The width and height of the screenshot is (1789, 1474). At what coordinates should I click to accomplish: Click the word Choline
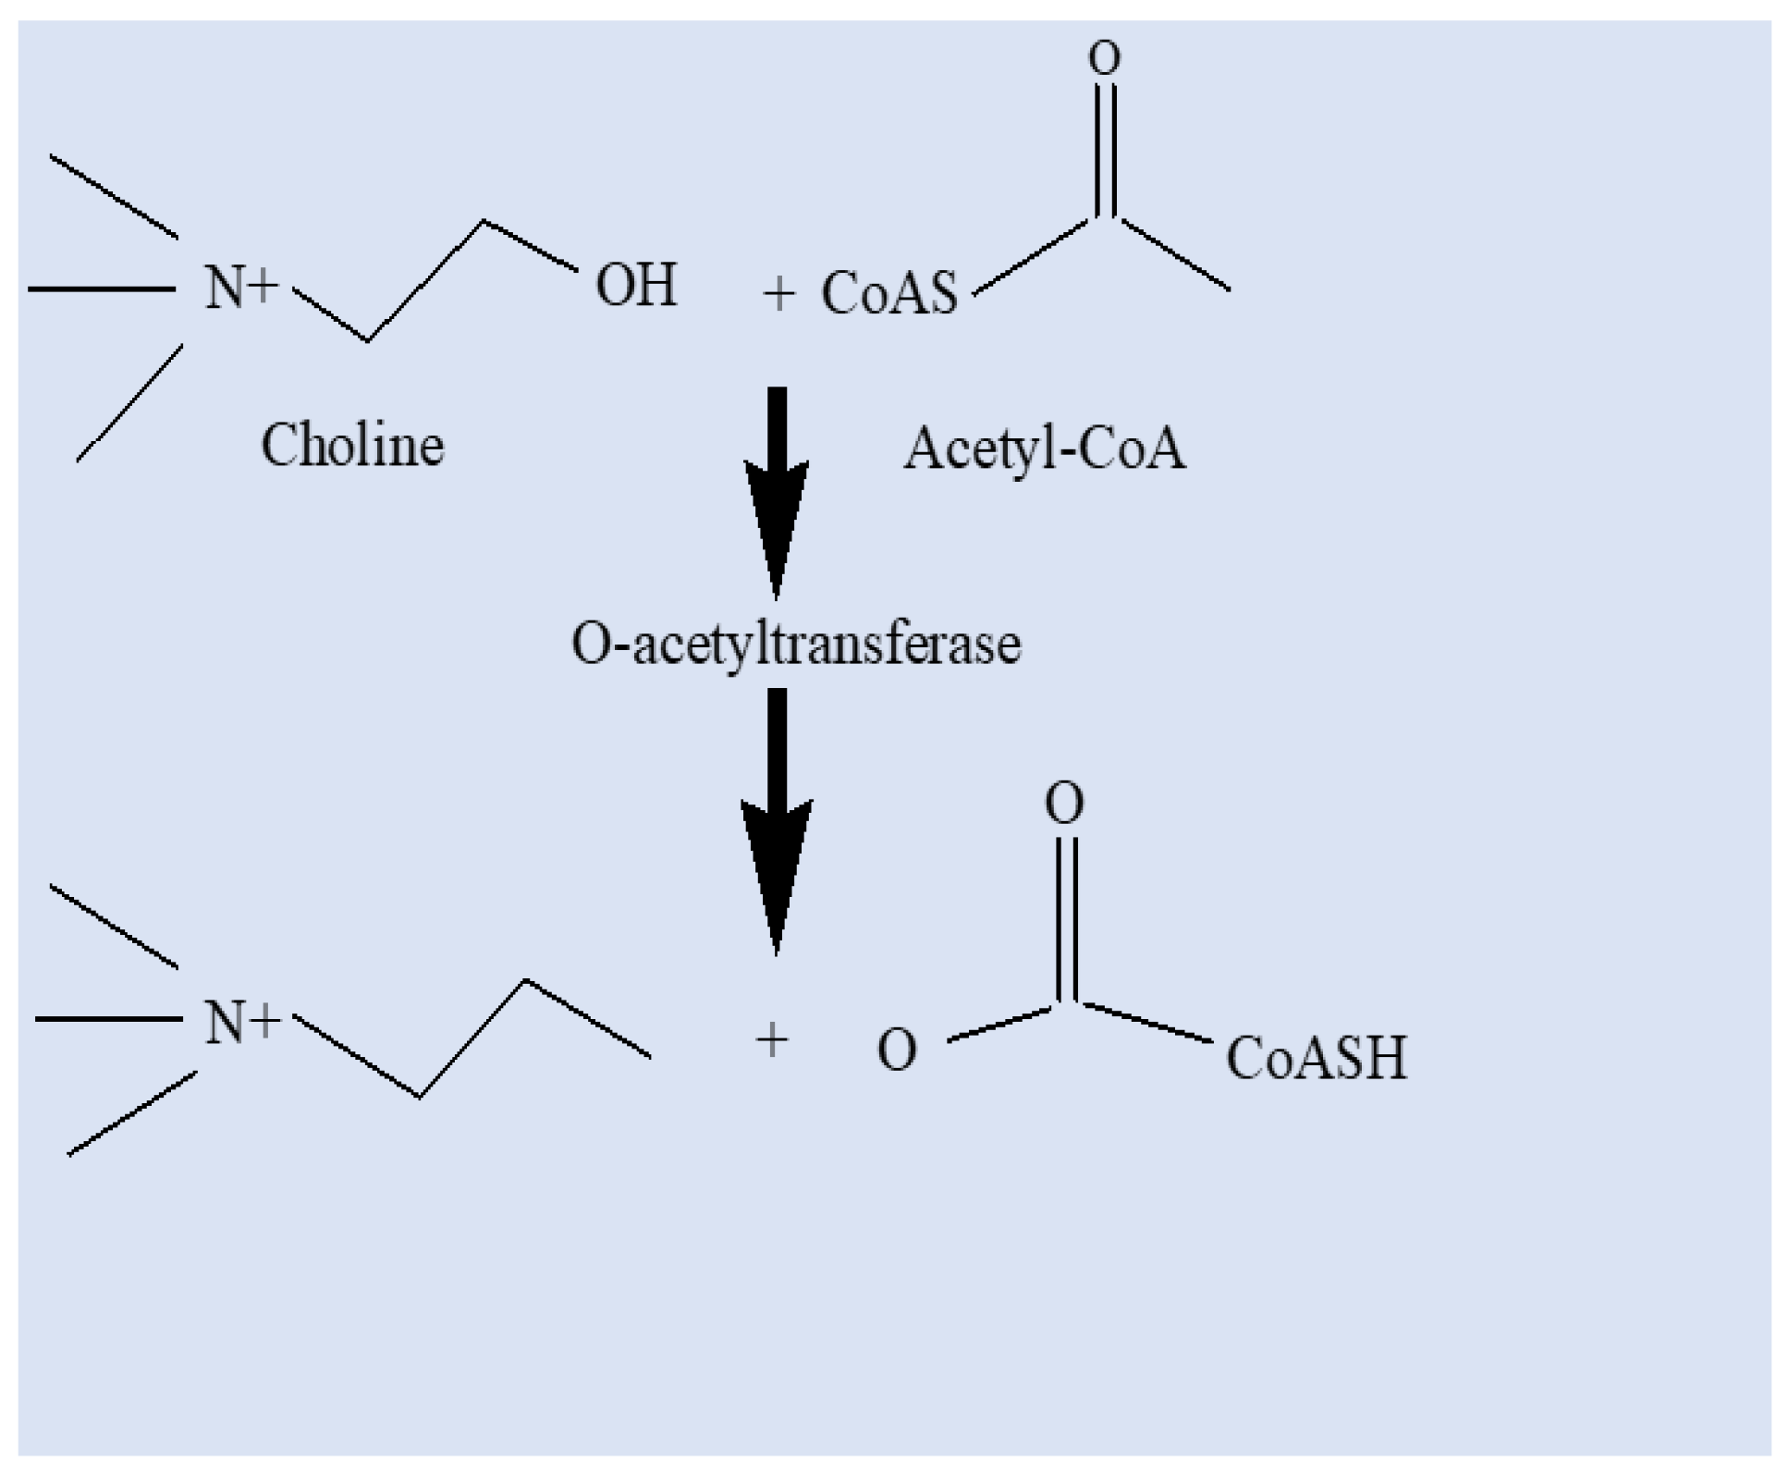click(x=352, y=446)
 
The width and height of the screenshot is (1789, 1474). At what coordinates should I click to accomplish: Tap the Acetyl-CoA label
click(x=1044, y=449)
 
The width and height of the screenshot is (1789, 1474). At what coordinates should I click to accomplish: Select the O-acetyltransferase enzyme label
click(x=796, y=644)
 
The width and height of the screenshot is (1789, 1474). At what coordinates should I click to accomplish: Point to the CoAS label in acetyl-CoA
click(x=888, y=293)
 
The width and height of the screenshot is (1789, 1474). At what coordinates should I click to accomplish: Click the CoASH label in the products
click(x=1316, y=1058)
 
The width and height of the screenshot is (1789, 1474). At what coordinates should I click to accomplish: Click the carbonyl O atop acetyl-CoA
click(x=1104, y=58)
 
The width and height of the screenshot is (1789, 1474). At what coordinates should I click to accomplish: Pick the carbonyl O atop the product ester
click(x=1064, y=803)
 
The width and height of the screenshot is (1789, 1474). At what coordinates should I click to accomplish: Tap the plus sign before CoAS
click(x=778, y=295)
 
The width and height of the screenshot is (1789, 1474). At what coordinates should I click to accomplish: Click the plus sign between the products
click(x=772, y=1040)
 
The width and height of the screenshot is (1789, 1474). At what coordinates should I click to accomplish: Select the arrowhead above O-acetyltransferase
click(x=777, y=527)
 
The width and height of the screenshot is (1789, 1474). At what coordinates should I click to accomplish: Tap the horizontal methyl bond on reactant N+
click(x=102, y=289)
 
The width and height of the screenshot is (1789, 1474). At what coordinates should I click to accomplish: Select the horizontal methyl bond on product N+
click(x=108, y=1019)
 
